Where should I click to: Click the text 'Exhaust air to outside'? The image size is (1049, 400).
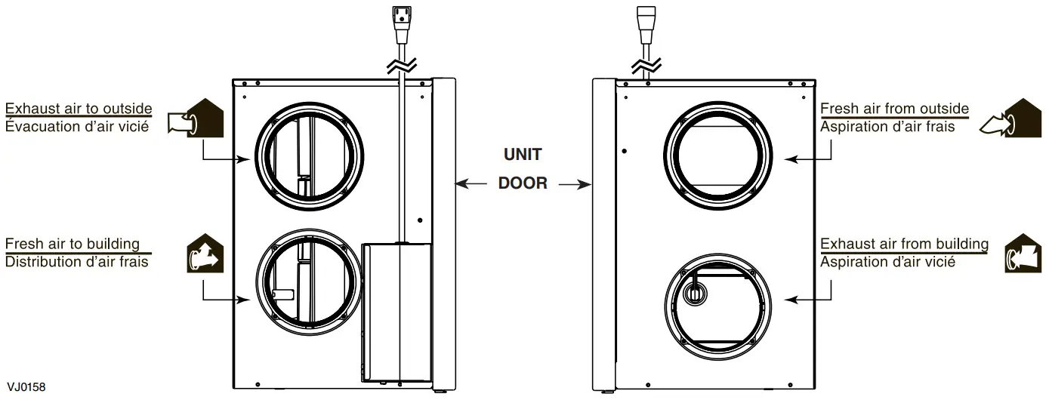click(79, 109)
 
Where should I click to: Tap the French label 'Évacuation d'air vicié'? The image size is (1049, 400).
click(76, 126)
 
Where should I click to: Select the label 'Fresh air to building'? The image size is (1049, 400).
click(73, 244)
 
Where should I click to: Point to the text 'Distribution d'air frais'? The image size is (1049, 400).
click(76, 262)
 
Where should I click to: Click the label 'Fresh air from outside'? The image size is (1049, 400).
click(894, 109)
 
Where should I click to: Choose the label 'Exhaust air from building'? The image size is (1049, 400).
click(904, 244)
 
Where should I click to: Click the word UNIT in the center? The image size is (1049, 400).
click(523, 155)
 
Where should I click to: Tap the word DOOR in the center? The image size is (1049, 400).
click(523, 183)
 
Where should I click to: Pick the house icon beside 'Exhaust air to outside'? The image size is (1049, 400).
click(198, 119)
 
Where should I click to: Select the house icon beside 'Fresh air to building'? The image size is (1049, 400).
click(205, 254)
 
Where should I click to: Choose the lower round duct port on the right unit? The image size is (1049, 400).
click(718, 303)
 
